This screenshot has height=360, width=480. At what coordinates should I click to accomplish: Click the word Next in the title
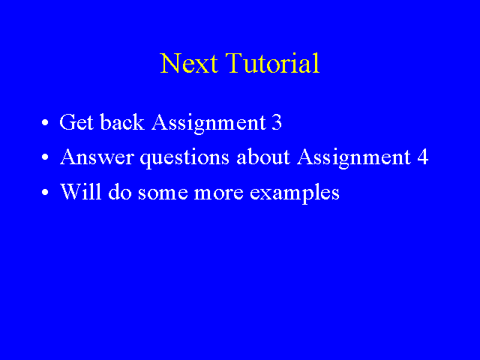tap(189, 63)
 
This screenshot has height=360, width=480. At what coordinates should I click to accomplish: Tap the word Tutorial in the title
tap(273, 63)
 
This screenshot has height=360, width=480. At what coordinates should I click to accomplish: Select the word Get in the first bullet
tap(76, 122)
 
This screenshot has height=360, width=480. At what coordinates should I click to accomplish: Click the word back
tap(122, 122)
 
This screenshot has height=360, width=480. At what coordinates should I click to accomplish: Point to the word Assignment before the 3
tap(208, 124)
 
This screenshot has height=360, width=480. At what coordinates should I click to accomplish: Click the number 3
tap(277, 122)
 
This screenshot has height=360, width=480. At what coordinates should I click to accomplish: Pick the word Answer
tap(97, 157)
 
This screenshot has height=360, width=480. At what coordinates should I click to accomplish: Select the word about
tap(263, 157)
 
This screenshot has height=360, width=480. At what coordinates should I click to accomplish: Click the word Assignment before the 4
tap(354, 158)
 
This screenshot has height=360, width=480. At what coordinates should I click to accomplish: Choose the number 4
tap(423, 157)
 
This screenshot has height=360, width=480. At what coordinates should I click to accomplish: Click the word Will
tap(80, 192)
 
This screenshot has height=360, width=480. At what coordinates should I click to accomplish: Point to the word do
tap(120, 192)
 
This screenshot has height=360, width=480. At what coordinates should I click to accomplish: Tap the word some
tap(163, 193)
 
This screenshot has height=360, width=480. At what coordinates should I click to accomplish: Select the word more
tap(219, 193)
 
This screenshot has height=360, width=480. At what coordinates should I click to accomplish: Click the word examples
tap(295, 193)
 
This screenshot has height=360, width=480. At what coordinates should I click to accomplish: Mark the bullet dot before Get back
tap(45, 122)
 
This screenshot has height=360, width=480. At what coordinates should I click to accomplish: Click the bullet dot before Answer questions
tap(45, 157)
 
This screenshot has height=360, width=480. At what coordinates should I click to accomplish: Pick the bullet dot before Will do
tap(45, 192)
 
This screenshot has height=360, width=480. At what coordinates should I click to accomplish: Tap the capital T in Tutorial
tap(235, 63)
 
